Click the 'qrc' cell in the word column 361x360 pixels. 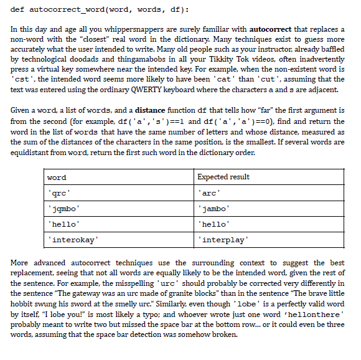point(59,192)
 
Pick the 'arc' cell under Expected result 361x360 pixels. point(209,192)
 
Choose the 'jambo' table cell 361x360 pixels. point(213,207)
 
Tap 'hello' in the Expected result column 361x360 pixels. point(213,223)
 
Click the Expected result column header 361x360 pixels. point(223,177)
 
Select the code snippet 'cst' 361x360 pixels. point(22,80)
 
